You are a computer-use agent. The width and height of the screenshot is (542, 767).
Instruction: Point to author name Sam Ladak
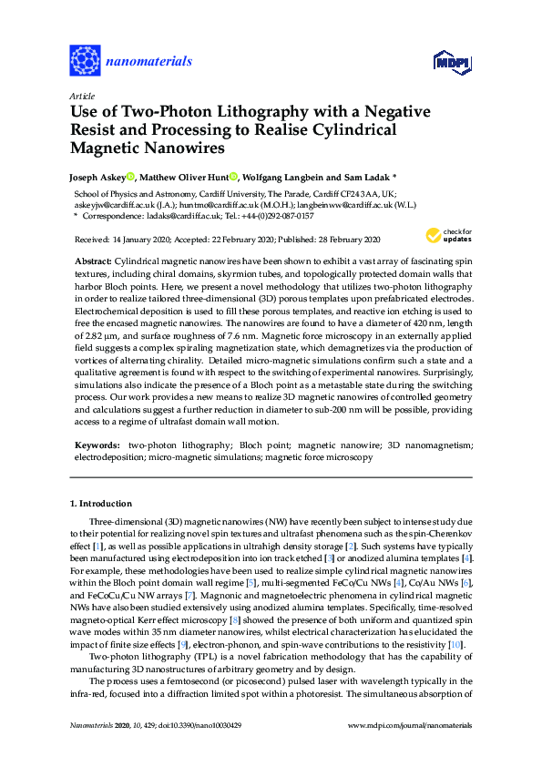374,177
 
